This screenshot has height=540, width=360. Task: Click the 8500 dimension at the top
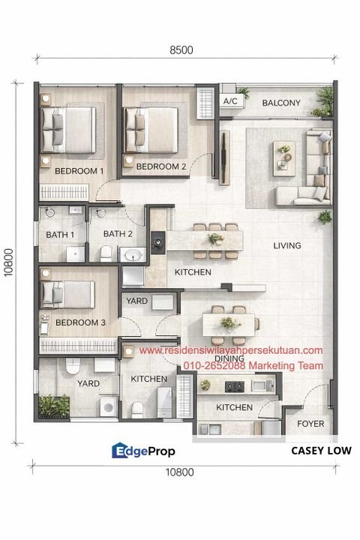(x=181, y=50)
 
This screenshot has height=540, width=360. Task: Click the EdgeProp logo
(x=144, y=451)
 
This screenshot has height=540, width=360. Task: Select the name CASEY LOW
(x=321, y=451)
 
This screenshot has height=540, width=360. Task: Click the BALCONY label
(x=281, y=103)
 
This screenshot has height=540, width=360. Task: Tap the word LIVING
(x=286, y=245)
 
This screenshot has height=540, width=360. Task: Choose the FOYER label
(x=310, y=424)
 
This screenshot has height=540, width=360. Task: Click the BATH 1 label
(x=61, y=234)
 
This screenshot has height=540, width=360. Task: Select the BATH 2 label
(x=118, y=234)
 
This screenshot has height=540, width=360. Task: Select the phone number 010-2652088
(x=212, y=365)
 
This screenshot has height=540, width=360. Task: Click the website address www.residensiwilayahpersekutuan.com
(x=231, y=350)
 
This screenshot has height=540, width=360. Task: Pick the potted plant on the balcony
(x=325, y=97)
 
